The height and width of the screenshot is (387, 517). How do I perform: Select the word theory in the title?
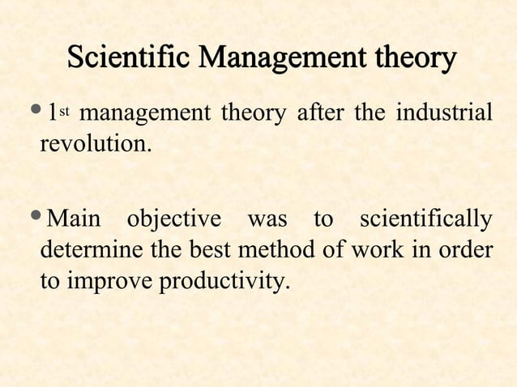click(408, 60)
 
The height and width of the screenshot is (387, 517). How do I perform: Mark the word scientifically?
click(425, 221)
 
